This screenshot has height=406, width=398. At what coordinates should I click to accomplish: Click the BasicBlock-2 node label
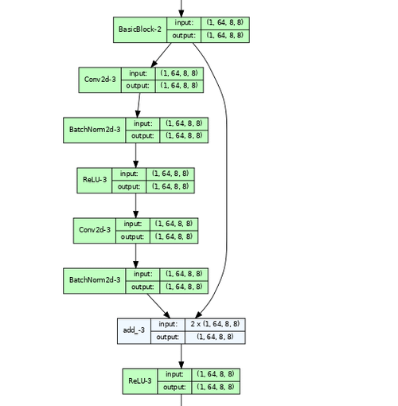140,29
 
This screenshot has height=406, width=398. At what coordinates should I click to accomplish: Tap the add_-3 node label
134,330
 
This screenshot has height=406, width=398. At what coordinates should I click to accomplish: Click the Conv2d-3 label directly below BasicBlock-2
99,80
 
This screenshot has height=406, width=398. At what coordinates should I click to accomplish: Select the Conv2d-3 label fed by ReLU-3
95,230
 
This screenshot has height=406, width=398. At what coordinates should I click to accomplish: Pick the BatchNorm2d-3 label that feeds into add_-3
95,280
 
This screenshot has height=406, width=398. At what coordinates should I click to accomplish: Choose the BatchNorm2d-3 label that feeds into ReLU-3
95,130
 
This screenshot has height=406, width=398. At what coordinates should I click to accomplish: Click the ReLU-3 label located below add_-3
140,381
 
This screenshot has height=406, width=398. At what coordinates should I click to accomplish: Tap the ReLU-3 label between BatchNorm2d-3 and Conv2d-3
95,180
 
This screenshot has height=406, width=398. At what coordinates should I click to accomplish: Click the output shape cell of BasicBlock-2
226,36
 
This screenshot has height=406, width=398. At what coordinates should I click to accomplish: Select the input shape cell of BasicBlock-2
226,23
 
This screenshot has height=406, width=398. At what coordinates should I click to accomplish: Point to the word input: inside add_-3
167,324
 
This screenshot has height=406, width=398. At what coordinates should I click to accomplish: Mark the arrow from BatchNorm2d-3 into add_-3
157,305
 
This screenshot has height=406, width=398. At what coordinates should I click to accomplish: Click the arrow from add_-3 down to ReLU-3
181,355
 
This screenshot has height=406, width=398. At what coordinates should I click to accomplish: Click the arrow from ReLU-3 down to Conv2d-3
135,205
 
